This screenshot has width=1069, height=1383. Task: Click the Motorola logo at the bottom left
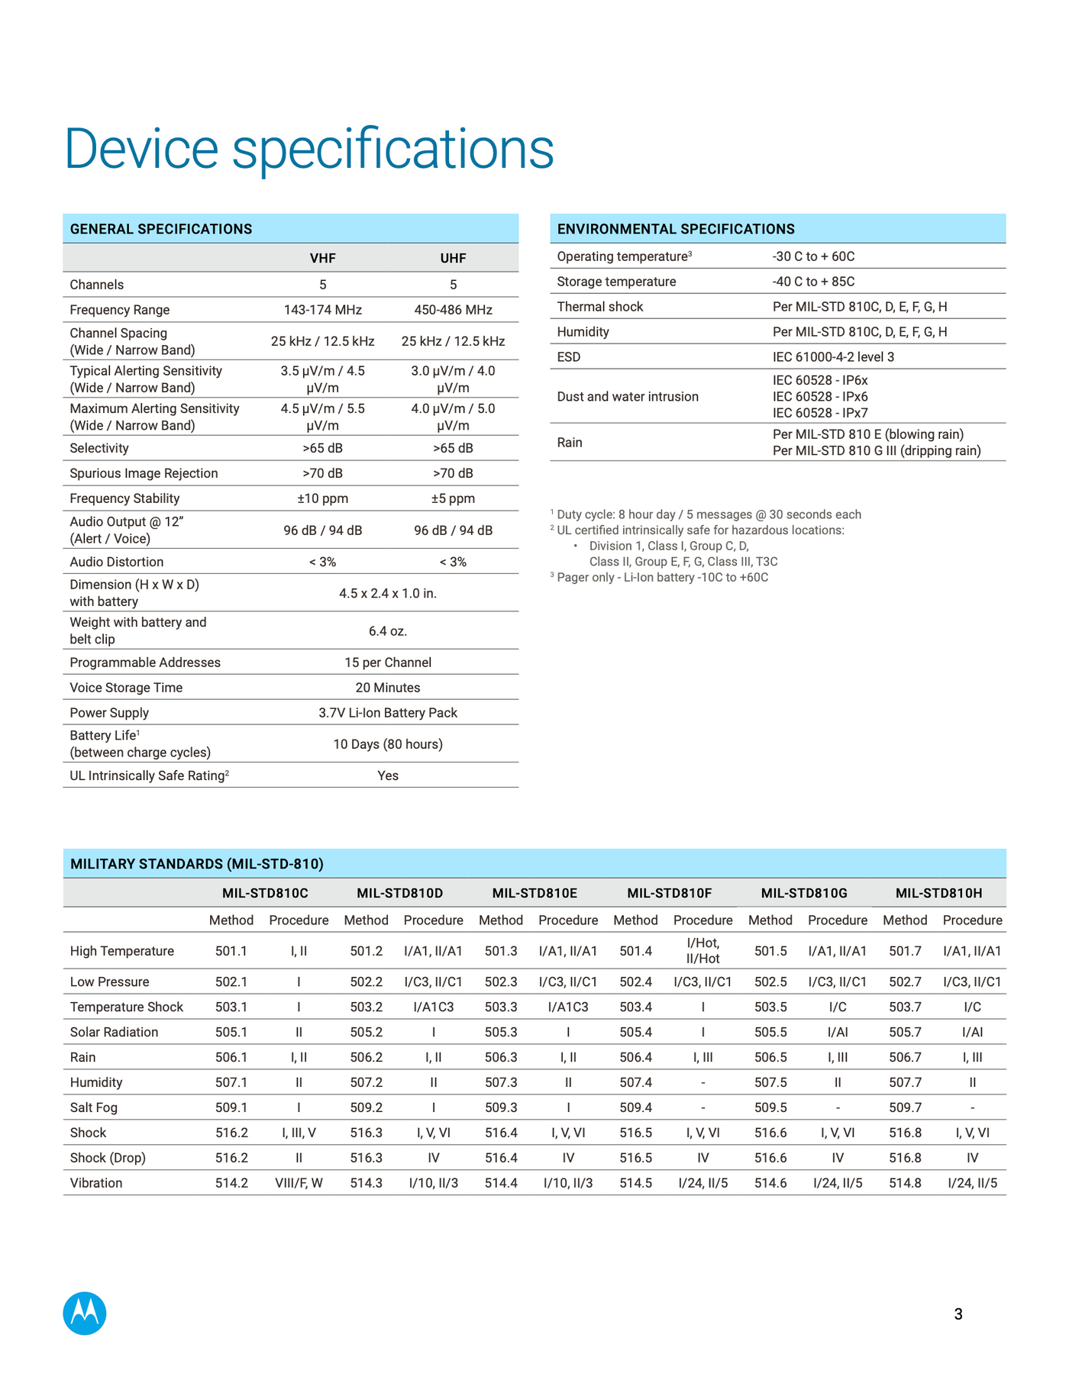(x=85, y=1314)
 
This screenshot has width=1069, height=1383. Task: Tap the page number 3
(x=958, y=1314)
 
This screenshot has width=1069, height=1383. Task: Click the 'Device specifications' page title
(x=309, y=149)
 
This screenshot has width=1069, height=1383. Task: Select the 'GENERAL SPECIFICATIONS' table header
(x=161, y=229)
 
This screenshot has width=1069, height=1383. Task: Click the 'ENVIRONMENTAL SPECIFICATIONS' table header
(x=676, y=229)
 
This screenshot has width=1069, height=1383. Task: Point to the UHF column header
(x=453, y=259)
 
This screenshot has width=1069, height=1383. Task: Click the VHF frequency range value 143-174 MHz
(x=322, y=310)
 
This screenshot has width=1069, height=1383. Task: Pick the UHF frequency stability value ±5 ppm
(x=453, y=498)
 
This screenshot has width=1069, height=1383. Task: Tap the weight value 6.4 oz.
(x=388, y=631)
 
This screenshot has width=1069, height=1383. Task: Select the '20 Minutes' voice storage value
(x=388, y=688)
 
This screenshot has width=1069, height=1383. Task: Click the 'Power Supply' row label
(x=109, y=713)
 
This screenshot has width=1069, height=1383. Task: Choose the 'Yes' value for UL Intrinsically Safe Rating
(x=388, y=775)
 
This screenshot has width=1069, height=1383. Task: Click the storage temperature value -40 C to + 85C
(x=813, y=282)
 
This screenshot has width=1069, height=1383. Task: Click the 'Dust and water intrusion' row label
(x=628, y=397)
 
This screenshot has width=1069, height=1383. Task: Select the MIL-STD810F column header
(x=669, y=893)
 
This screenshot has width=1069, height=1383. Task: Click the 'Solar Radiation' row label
(x=114, y=1032)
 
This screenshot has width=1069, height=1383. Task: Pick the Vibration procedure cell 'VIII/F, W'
(x=299, y=1183)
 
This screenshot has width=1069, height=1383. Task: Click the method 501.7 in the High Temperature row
(x=905, y=951)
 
